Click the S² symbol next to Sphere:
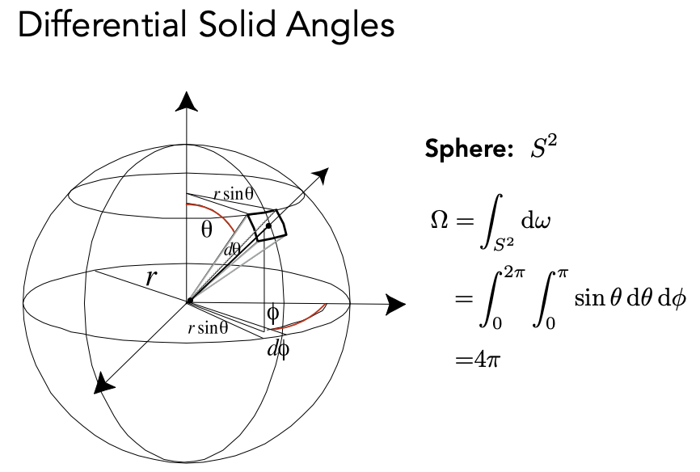coord(545,148)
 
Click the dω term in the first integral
coord(525,219)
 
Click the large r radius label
coord(151,278)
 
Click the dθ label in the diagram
coord(233,250)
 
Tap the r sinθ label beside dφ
coord(208,328)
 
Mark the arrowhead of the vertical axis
coord(187,101)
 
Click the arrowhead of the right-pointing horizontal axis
coord(395,304)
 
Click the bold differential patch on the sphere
coord(268,225)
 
